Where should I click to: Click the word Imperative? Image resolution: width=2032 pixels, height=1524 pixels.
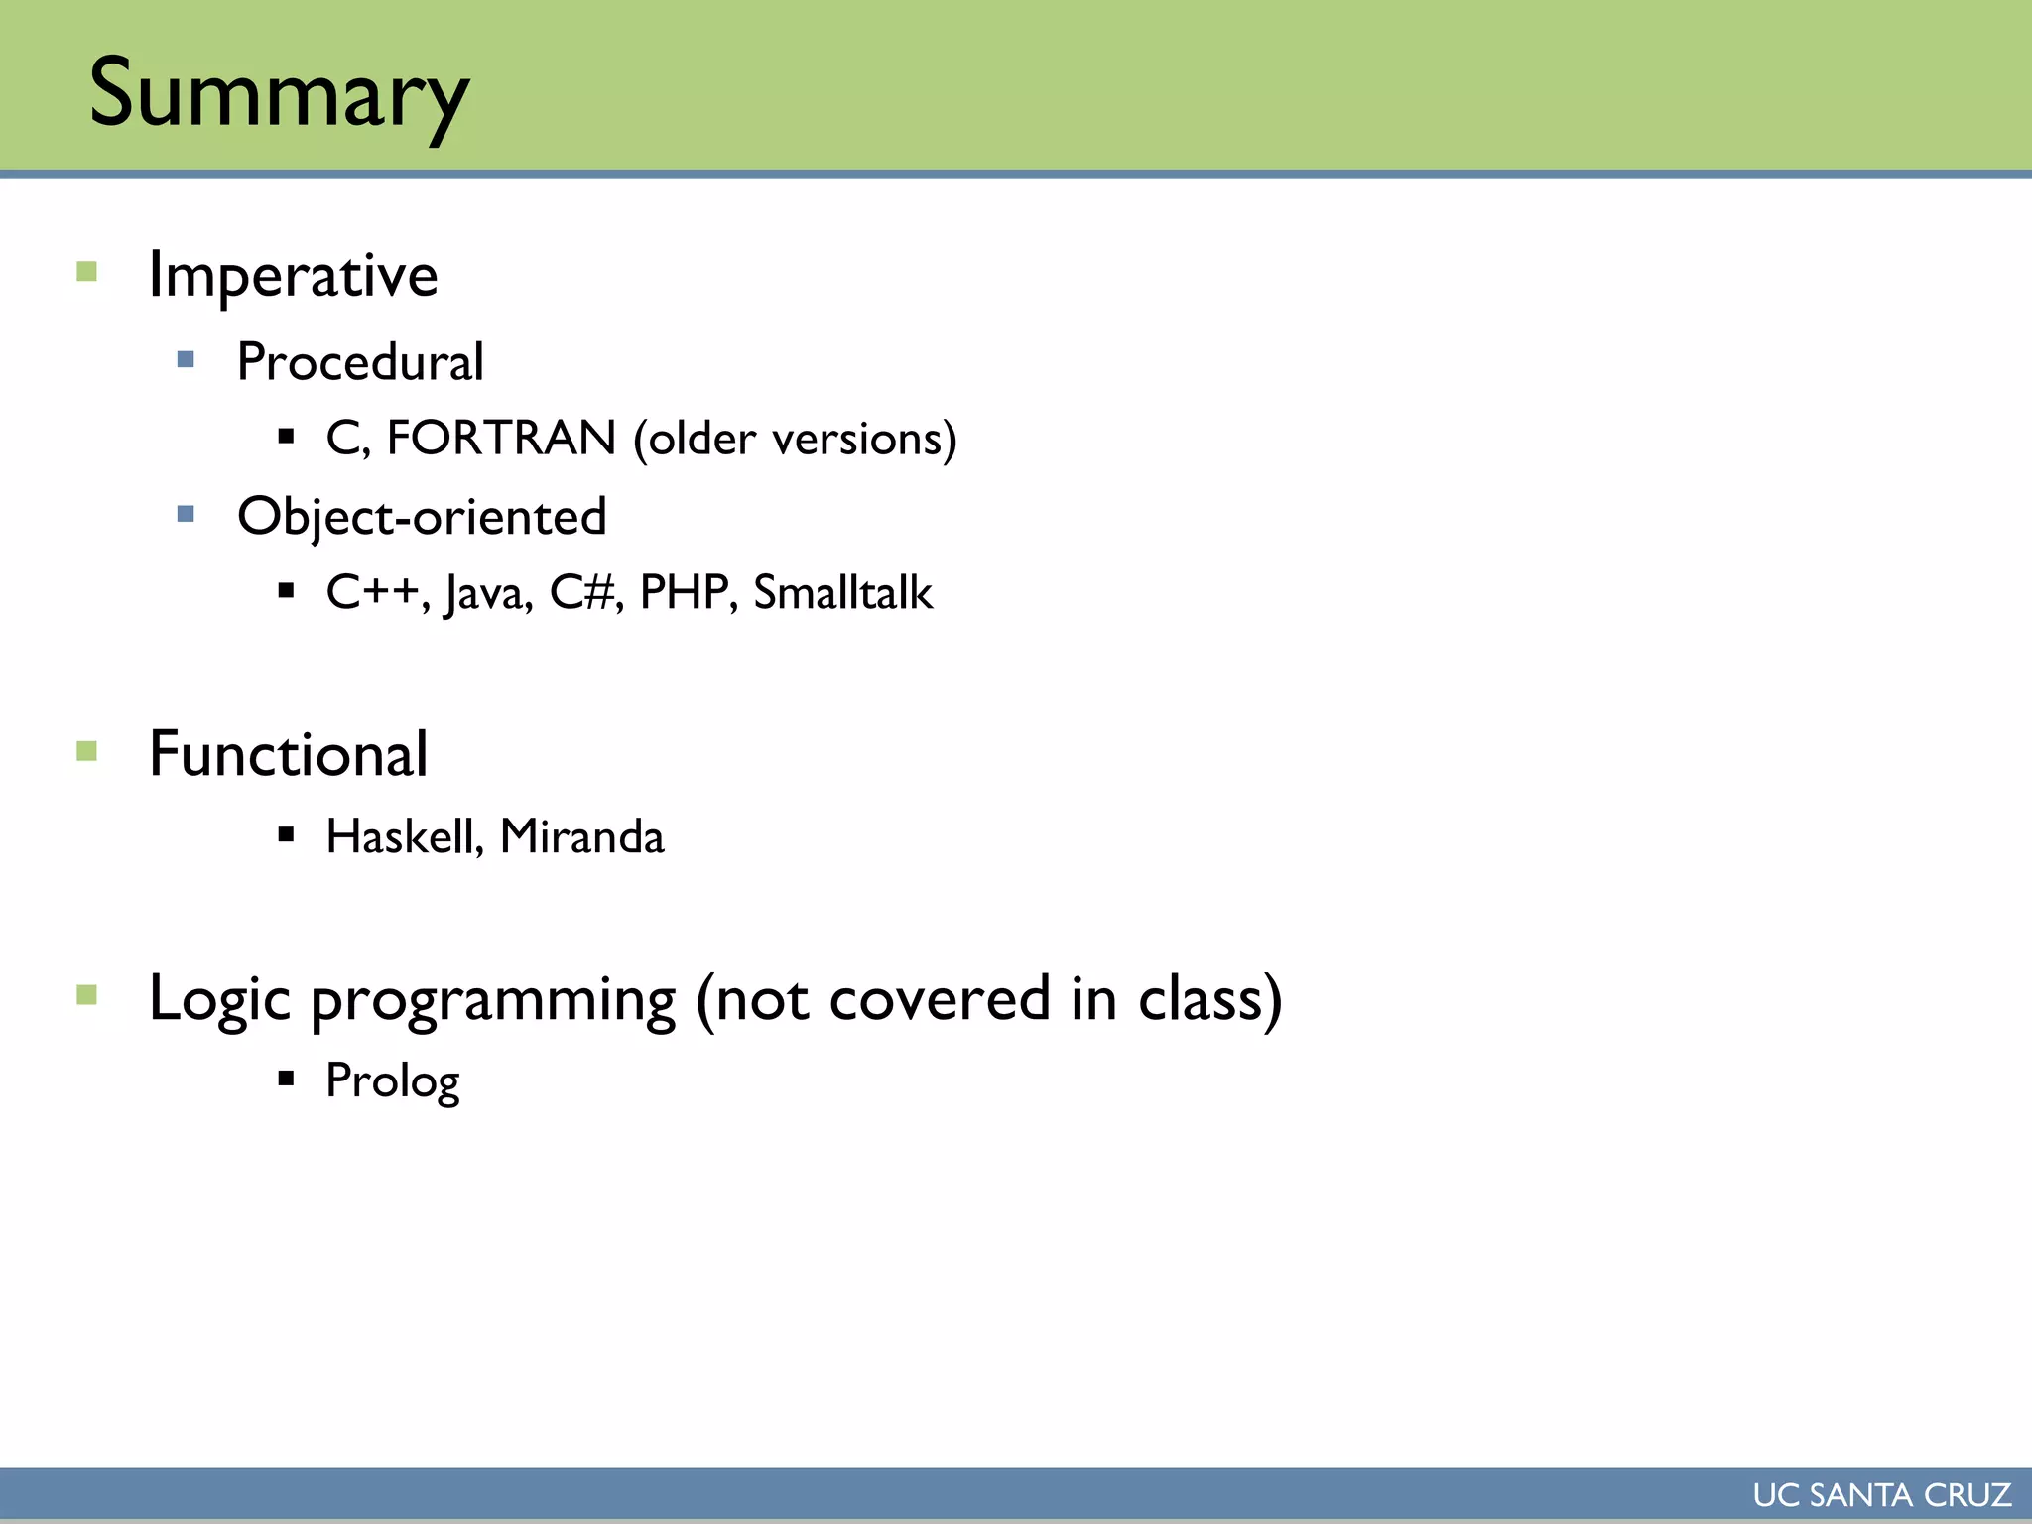coord(293,275)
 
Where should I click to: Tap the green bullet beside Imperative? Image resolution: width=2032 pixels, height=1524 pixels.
coord(87,271)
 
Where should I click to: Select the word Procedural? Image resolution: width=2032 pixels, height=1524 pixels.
coord(359,362)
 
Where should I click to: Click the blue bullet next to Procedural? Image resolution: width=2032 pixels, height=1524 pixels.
coord(186,359)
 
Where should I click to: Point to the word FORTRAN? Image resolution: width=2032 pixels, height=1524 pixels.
coord(501,439)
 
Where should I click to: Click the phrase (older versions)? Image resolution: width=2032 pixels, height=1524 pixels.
coord(796,439)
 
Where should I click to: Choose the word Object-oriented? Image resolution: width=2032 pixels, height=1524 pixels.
coord(422,517)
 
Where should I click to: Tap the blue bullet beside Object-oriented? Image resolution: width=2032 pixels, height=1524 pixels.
coord(186,514)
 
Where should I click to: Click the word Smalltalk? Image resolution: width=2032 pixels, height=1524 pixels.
coord(842,593)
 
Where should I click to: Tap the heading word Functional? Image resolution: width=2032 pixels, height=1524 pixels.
coord(288,754)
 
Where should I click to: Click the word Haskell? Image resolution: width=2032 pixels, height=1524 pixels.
coord(404,836)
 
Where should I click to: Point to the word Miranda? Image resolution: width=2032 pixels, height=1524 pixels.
coord(582,836)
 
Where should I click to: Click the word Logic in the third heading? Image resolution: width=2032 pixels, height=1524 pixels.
coord(219,999)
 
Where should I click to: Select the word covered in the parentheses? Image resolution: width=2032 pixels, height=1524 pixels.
coord(939,999)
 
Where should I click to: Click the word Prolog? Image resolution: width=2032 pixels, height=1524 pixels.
coord(393,1080)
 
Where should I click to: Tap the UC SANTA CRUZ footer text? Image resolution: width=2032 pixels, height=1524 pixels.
coord(1881,1495)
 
